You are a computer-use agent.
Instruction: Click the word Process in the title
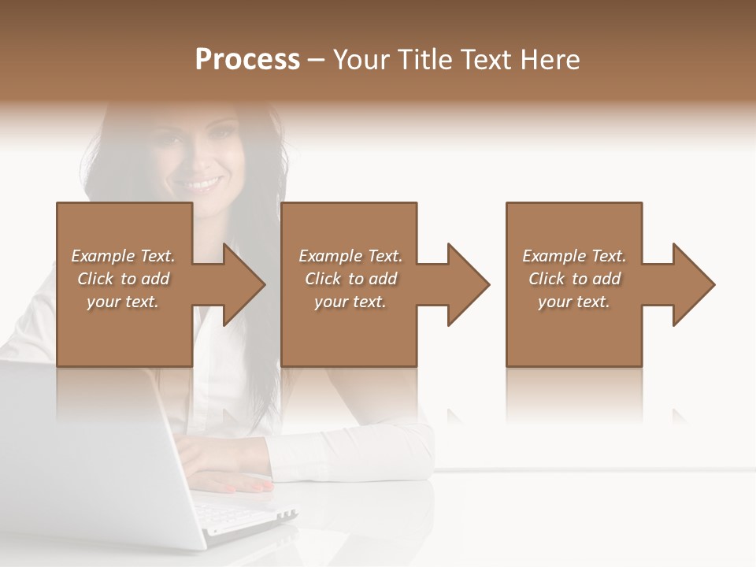[247, 60]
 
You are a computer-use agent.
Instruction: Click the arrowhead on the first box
[240, 284]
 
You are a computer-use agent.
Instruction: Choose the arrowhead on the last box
[690, 284]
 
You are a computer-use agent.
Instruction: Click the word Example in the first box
[102, 256]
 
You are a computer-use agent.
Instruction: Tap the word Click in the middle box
[323, 279]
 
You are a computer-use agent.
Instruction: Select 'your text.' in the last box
[574, 302]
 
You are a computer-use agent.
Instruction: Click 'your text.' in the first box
[123, 302]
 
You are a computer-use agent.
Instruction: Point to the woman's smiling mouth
[202, 185]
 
